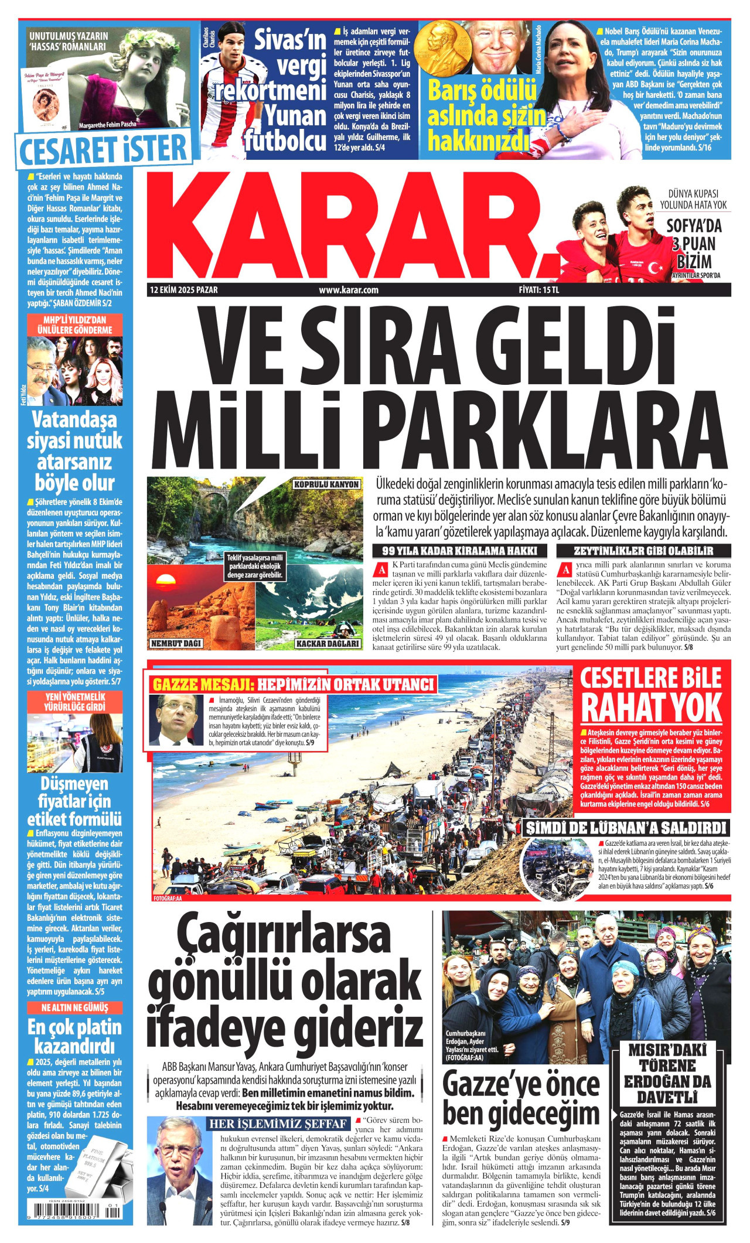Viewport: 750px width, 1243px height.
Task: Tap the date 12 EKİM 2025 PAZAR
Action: [x=184, y=290]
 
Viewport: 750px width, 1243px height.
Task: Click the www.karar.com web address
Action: [x=348, y=290]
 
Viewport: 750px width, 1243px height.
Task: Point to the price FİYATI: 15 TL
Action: [x=539, y=290]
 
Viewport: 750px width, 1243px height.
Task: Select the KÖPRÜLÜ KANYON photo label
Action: [x=326, y=485]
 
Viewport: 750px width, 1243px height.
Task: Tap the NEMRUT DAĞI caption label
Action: [x=176, y=643]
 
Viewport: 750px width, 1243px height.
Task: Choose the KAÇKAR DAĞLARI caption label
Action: [x=328, y=643]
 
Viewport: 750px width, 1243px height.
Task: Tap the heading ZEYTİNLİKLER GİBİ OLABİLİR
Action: [x=643, y=551]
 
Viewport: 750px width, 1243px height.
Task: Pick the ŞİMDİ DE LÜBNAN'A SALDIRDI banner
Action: [x=626, y=828]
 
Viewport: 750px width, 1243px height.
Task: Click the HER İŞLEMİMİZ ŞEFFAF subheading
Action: [x=279, y=1124]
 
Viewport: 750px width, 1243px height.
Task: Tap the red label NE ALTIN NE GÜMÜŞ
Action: [x=74, y=1008]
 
